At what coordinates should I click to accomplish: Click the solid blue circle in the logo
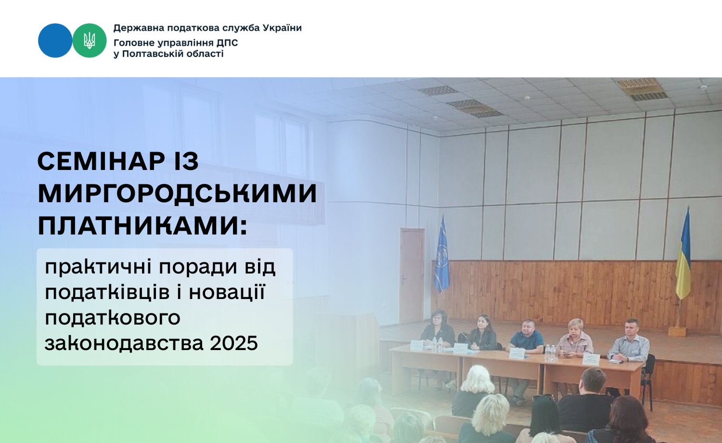point(55,40)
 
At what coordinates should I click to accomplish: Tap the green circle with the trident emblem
point(89,40)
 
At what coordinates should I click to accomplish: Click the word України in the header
point(283,28)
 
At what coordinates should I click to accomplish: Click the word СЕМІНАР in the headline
point(101,161)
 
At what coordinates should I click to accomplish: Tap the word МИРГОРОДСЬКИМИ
point(178,194)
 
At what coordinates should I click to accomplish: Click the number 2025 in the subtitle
point(233,343)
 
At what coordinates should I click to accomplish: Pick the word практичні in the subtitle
point(98,267)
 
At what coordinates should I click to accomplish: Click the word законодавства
point(124,343)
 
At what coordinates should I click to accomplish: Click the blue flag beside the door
point(441,255)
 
